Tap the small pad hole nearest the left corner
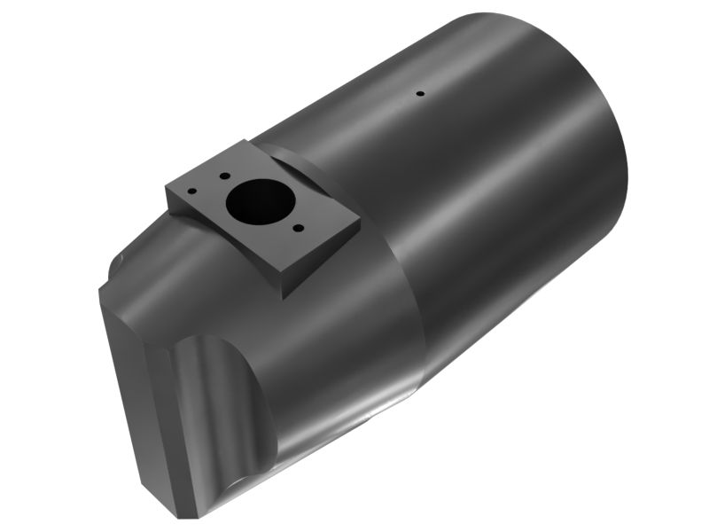click(193, 189)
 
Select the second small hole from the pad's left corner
click(225, 176)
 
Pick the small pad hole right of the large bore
click(299, 229)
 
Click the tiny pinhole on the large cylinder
click(421, 92)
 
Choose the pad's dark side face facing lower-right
click(323, 257)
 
